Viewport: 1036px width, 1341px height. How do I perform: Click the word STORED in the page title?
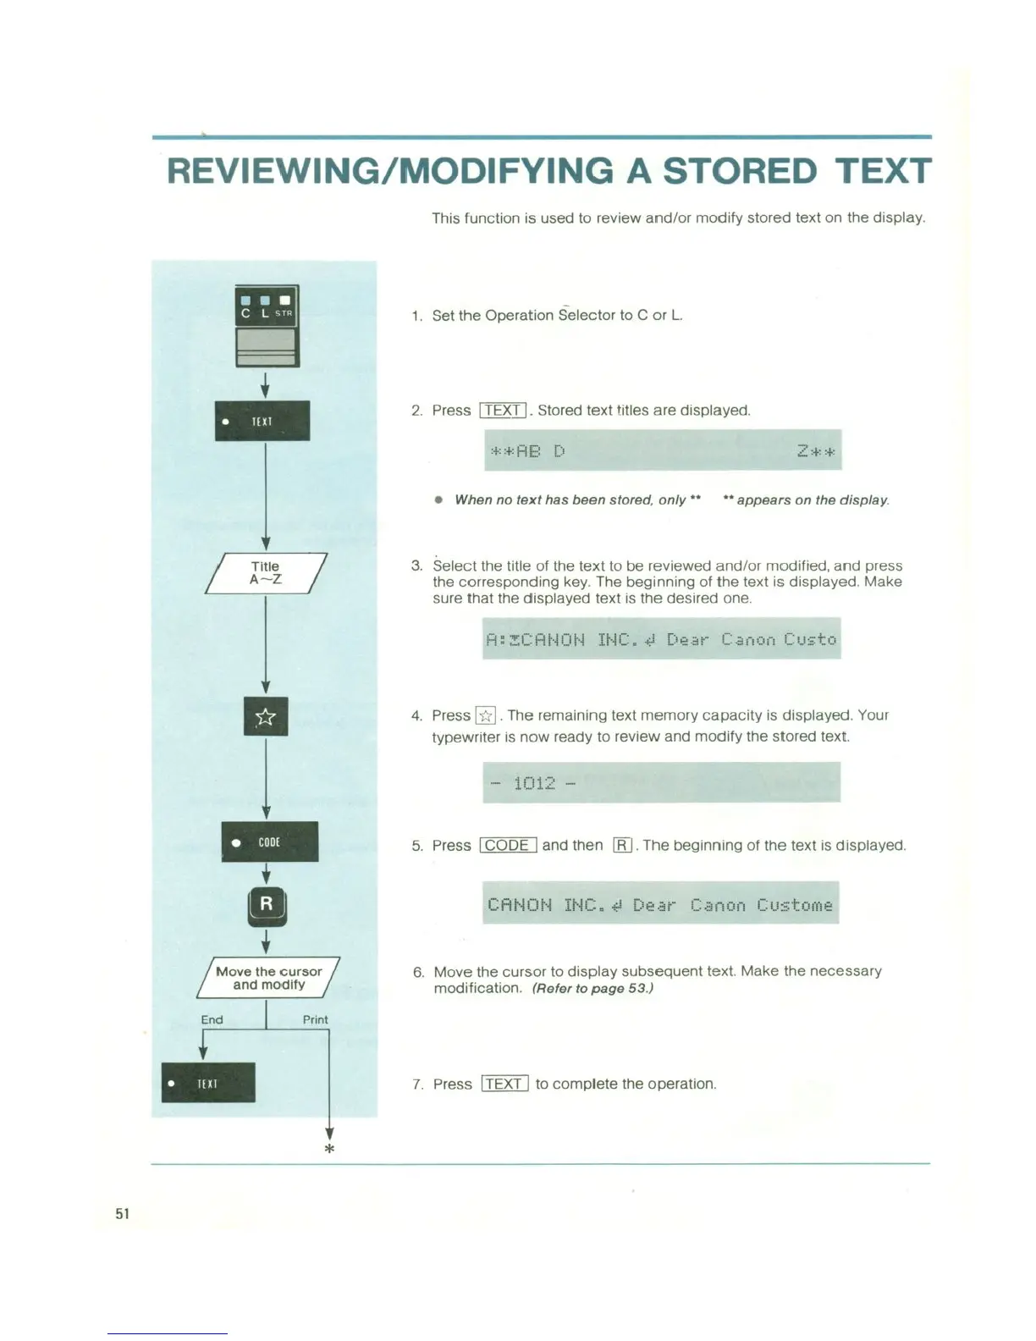[740, 171]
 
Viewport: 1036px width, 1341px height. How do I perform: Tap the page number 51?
[123, 1213]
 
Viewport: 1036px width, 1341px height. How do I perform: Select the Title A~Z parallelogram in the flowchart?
[266, 573]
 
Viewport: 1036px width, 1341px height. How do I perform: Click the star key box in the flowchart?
[266, 717]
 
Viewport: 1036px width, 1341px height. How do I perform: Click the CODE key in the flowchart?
[270, 842]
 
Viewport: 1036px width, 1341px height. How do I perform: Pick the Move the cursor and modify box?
[268, 978]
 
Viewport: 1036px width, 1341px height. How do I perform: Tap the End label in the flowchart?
[212, 1019]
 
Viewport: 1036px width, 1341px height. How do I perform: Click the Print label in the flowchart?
[315, 1019]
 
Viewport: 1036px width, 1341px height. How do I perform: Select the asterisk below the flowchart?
[329, 1149]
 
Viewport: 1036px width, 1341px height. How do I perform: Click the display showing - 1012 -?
[661, 782]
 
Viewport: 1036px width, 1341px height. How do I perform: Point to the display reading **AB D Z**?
[663, 450]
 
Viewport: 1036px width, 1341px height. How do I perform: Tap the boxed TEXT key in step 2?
[503, 411]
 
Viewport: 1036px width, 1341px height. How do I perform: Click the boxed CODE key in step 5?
[508, 845]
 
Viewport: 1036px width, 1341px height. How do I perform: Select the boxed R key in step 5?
[622, 845]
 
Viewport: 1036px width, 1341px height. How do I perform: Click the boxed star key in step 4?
[485, 716]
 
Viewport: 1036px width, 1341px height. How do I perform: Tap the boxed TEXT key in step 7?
[504, 1084]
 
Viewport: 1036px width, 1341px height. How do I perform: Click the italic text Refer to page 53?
[592, 988]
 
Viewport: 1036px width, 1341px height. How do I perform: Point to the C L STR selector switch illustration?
[267, 326]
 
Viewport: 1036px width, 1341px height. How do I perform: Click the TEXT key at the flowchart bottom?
[208, 1083]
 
